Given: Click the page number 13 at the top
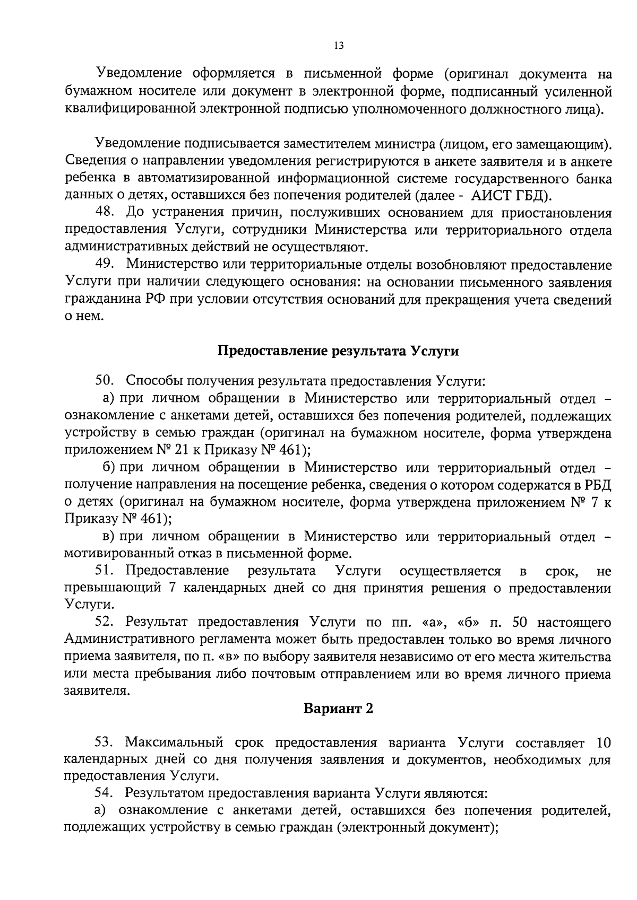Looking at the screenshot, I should click(339, 46).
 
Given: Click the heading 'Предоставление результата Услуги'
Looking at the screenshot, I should click(338, 351).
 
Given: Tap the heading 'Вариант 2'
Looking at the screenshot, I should click(338, 709).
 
